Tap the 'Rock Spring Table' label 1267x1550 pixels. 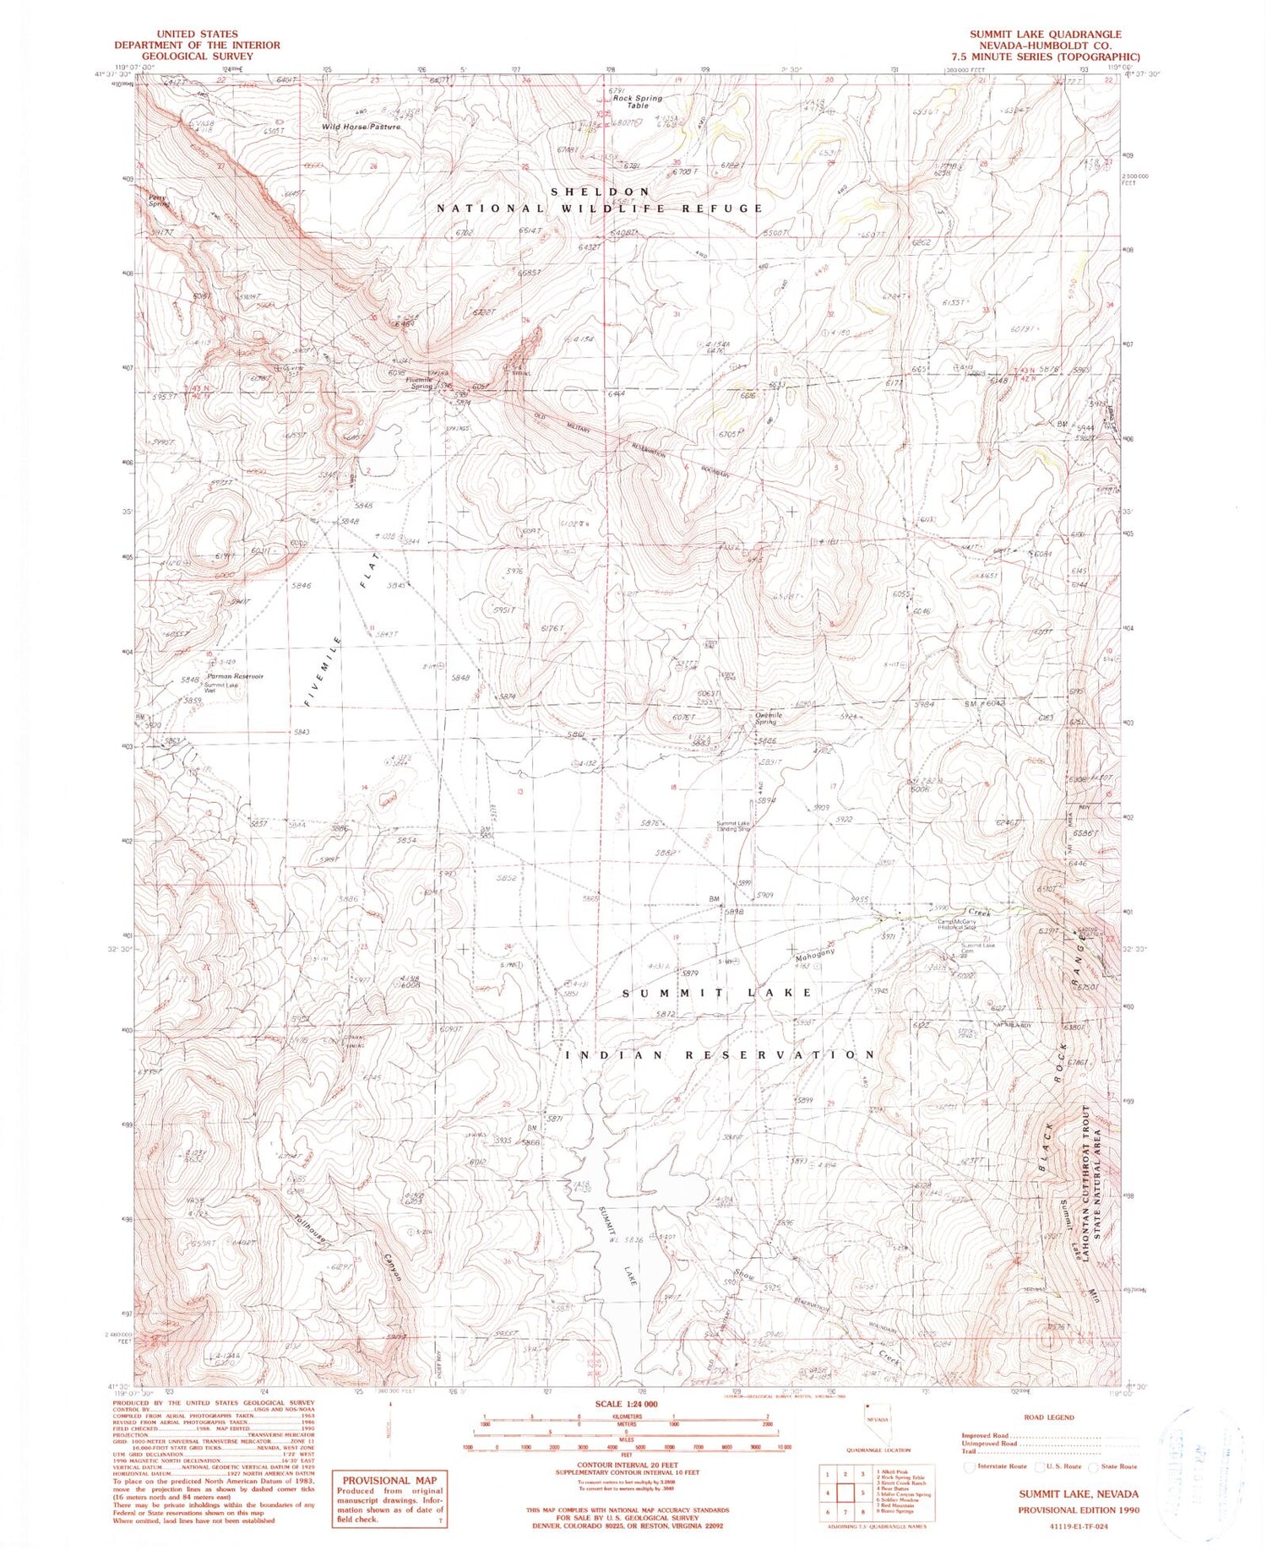click(x=638, y=102)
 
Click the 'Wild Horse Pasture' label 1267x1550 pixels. click(x=361, y=127)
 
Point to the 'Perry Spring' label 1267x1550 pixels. click(x=158, y=201)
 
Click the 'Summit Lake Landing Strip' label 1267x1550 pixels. click(x=733, y=826)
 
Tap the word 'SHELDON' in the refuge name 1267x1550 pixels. click(x=601, y=192)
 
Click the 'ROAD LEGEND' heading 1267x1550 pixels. click(x=1048, y=1417)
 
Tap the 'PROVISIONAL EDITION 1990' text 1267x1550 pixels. click(x=1078, y=1509)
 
